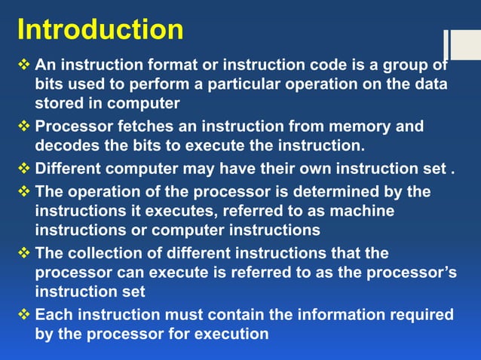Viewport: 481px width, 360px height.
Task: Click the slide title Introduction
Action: click(100, 29)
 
